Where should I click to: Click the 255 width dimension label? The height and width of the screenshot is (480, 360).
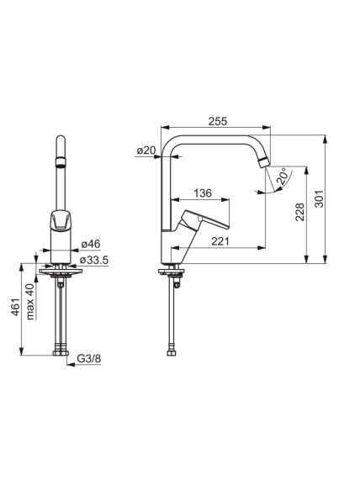[218, 121]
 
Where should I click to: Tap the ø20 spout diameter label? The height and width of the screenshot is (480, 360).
[146, 150]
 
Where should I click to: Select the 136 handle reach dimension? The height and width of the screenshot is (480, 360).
[203, 193]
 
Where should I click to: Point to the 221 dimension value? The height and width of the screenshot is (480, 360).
[220, 241]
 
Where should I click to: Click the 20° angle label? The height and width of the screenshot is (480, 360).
[283, 176]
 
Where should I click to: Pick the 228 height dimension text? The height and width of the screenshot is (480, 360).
[300, 212]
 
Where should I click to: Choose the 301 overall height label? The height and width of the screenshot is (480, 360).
[319, 199]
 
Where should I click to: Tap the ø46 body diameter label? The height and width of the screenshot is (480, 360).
[91, 244]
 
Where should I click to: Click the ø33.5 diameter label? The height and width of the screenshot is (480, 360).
[94, 261]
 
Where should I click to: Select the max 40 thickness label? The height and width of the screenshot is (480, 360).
[30, 302]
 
